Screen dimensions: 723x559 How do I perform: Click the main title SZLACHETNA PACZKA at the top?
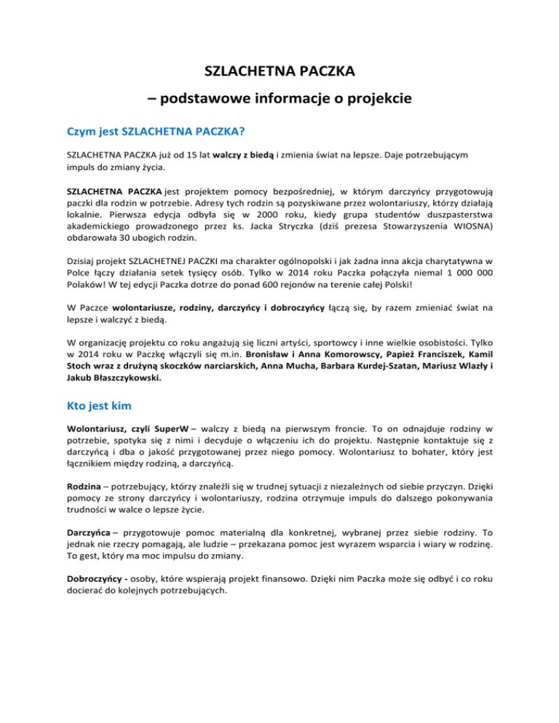(x=279, y=73)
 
